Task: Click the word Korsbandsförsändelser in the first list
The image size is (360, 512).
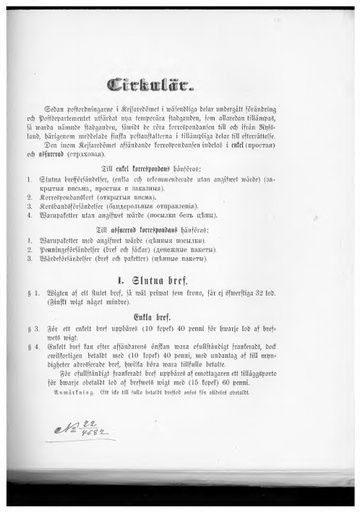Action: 80,205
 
